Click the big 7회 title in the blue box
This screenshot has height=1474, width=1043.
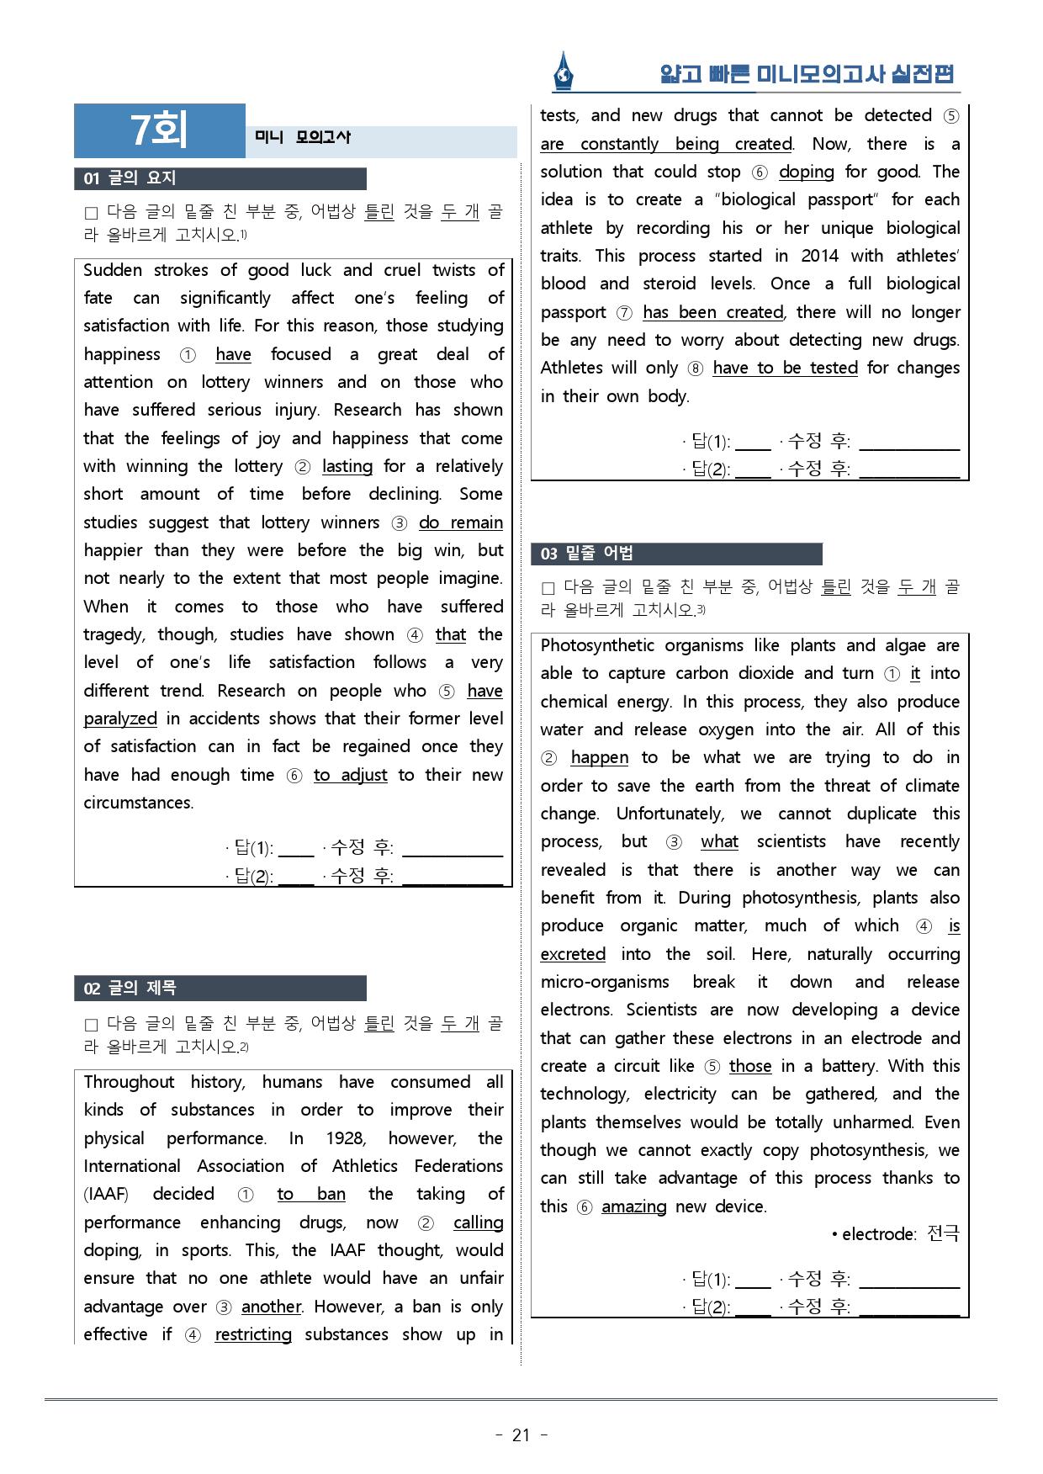coord(159,130)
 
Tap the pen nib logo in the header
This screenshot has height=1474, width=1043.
coord(564,72)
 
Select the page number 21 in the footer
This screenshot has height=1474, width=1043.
coord(521,1434)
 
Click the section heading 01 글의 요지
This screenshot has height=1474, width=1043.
coord(130,178)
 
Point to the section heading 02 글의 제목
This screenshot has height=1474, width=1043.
coord(130,988)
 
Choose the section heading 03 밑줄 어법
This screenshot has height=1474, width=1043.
coord(587,554)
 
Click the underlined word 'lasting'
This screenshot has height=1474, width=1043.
coord(347,466)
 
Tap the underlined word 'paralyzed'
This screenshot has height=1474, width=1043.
coord(120,718)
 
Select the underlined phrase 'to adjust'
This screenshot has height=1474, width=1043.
coord(350,775)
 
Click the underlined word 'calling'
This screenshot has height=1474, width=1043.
coord(478,1222)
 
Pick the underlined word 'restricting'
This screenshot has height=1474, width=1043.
coord(253,1334)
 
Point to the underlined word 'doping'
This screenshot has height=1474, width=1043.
coord(806,172)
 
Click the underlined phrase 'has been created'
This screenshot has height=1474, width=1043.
coord(712,312)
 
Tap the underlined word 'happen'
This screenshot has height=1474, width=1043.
coord(599,757)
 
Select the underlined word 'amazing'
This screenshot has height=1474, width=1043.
coord(633,1206)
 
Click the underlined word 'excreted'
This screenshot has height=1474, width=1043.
coord(573,954)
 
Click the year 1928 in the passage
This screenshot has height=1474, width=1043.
coord(345,1138)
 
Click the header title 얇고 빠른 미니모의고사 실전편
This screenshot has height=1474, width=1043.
coord(807,74)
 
